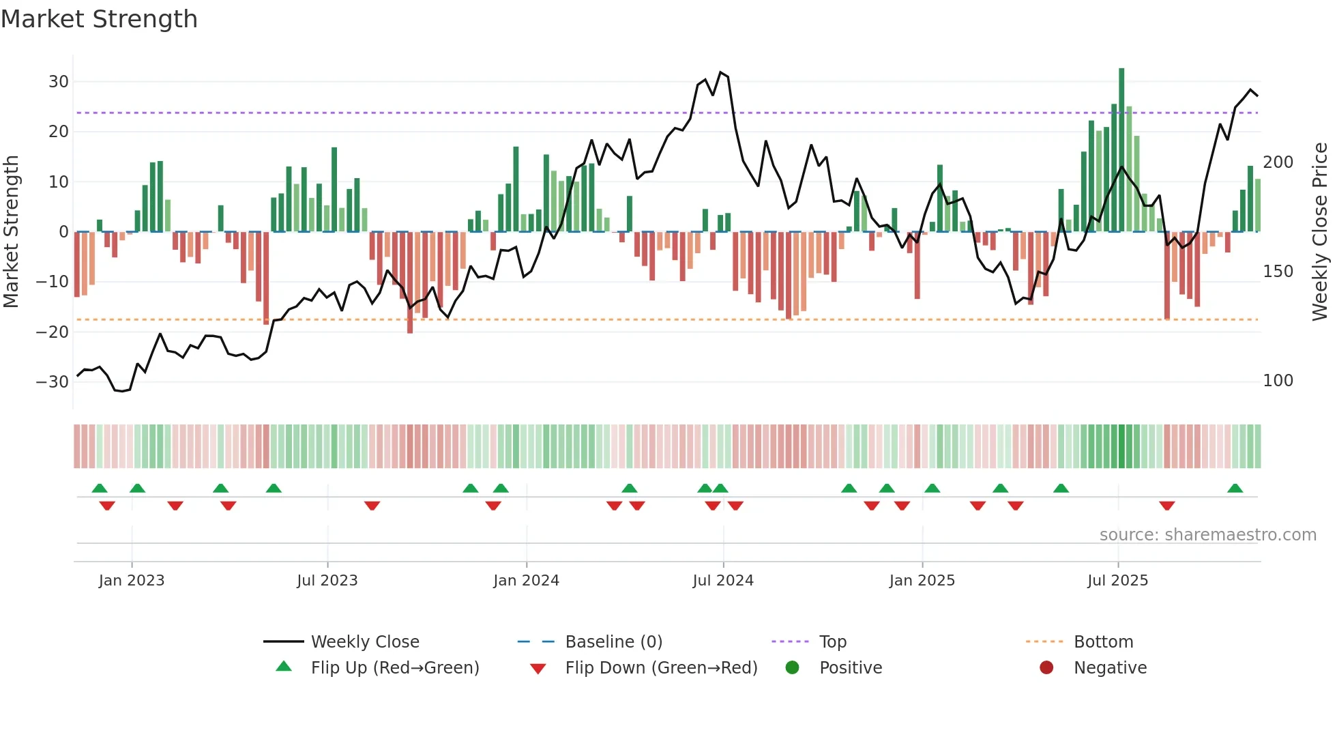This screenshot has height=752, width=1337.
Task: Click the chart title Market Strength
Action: [99, 19]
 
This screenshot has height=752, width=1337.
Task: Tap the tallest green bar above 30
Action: [1121, 150]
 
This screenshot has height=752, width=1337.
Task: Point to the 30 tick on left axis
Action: [59, 82]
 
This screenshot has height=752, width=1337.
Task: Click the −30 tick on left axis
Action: [53, 382]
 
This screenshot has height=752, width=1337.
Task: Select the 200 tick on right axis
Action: [1278, 162]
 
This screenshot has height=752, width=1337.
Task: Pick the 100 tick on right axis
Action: [1278, 381]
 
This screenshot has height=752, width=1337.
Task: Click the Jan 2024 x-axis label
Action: [526, 581]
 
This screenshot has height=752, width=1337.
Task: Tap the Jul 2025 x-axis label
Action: [1117, 581]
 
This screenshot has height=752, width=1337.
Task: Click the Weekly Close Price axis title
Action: [1320, 232]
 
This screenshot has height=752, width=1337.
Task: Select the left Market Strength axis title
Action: [11, 232]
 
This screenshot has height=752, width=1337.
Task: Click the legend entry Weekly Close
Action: [365, 642]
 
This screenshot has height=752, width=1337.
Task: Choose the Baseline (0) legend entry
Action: [613, 642]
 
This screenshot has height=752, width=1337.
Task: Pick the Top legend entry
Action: [832, 642]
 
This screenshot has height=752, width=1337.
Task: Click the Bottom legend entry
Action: [1103, 642]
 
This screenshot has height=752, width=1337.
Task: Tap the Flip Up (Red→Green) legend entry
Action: [394, 668]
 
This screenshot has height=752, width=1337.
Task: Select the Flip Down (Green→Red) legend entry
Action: [660, 668]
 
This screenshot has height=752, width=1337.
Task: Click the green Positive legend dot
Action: [792, 667]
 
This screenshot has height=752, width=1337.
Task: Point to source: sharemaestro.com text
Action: [1207, 535]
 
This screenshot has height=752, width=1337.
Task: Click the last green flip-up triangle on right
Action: [1235, 489]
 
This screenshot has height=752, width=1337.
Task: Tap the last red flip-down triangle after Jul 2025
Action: [1166, 506]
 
